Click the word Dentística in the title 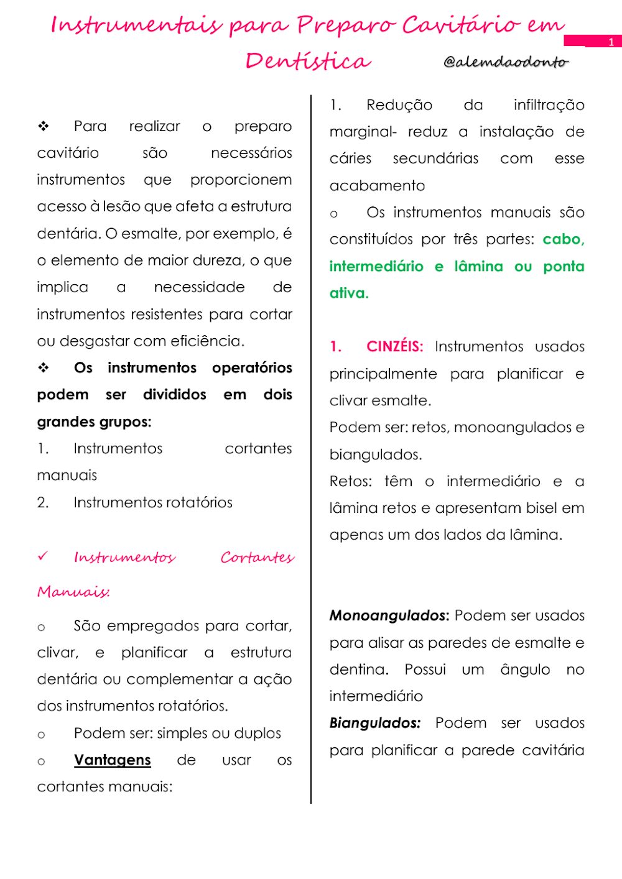pyautogui.click(x=308, y=61)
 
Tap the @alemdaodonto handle pyautogui.click(x=506, y=62)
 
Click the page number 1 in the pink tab pyautogui.click(x=611, y=42)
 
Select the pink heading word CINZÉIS pyautogui.click(x=394, y=346)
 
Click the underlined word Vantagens pyautogui.click(x=112, y=760)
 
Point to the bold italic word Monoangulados pyautogui.click(x=389, y=615)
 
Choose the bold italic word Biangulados pyautogui.click(x=374, y=723)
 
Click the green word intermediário pyautogui.click(x=376, y=266)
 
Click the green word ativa pyautogui.click(x=348, y=293)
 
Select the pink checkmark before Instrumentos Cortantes pyautogui.click(x=42, y=556)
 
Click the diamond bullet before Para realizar pyautogui.click(x=44, y=126)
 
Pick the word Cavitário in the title pyautogui.click(x=460, y=25)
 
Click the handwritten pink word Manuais pyautogui.click(x=73, y=591)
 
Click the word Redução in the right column pyautogui.click(x=399, y=104)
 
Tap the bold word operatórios pyautogui.click(x=252, y=367)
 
